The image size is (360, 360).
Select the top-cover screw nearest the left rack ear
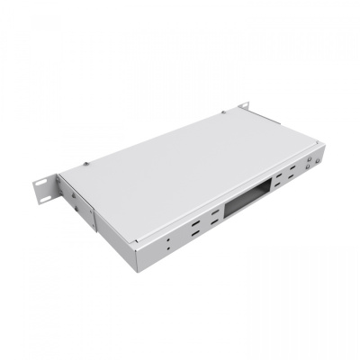(x=85, y=164)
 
